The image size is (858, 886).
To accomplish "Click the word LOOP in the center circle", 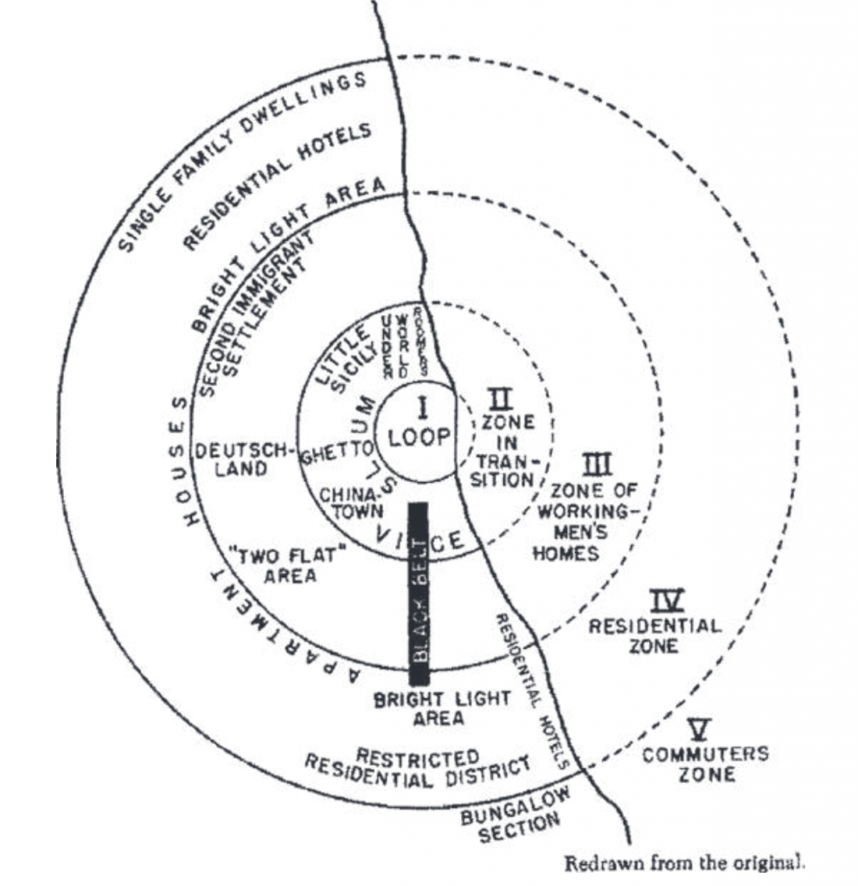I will click(x=419, y=438).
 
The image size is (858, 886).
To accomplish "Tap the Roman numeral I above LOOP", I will click(x=423, y=406).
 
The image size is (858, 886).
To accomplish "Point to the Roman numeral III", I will click(x=596, y=465).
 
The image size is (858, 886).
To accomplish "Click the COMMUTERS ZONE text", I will click(x=706, y=763).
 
